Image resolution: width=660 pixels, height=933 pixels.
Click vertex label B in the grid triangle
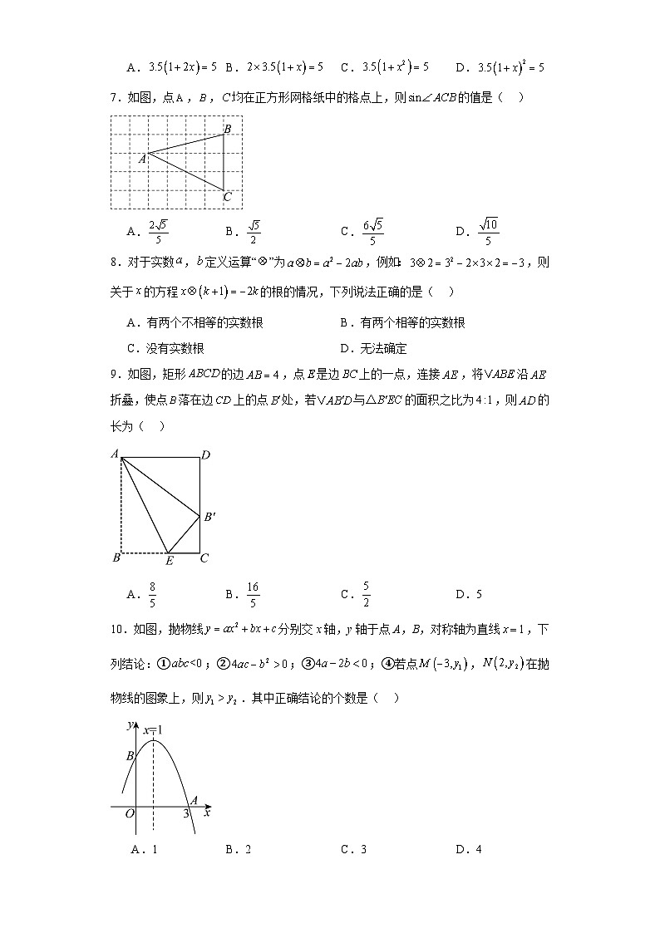pos(228,128)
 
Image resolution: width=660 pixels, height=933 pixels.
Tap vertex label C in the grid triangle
pos(228,197)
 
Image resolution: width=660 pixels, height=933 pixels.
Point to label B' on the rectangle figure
pos(210,517)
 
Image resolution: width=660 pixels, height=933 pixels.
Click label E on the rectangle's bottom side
pos(170,561)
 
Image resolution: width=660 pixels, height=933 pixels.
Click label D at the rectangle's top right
pos(204,454)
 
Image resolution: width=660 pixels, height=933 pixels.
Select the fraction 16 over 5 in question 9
pos(253,593)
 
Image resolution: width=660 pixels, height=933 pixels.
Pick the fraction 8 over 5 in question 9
pos(153,593)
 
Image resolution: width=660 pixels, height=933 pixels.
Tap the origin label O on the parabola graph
pos(130,813)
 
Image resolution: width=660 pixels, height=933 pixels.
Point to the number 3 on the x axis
pos(186,814)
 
